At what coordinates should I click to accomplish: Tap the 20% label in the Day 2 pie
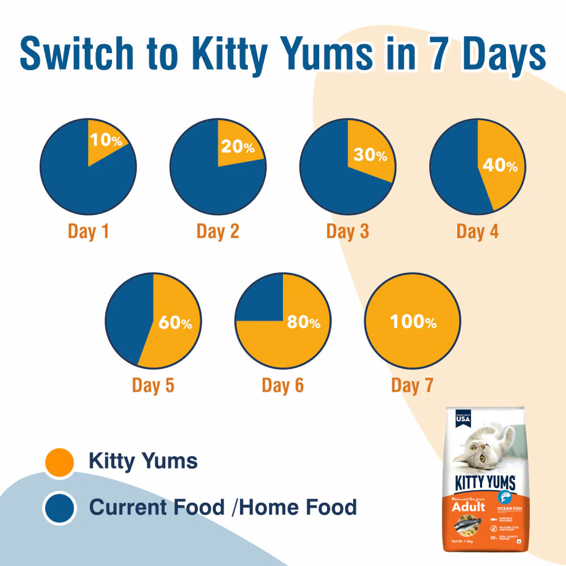[238, 147]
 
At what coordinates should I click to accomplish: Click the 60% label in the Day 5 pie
[175, 323]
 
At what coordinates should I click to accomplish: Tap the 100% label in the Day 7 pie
[413, 322]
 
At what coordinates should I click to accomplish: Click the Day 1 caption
[88, 231]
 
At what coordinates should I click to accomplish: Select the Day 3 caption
[348, 231]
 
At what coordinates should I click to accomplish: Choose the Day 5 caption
[153, 385]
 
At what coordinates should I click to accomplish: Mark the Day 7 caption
[412, 385]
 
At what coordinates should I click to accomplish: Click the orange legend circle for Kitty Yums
[59, 462]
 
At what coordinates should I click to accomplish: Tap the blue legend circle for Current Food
[59, 508]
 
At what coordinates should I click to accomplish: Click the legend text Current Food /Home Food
[223, 507]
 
